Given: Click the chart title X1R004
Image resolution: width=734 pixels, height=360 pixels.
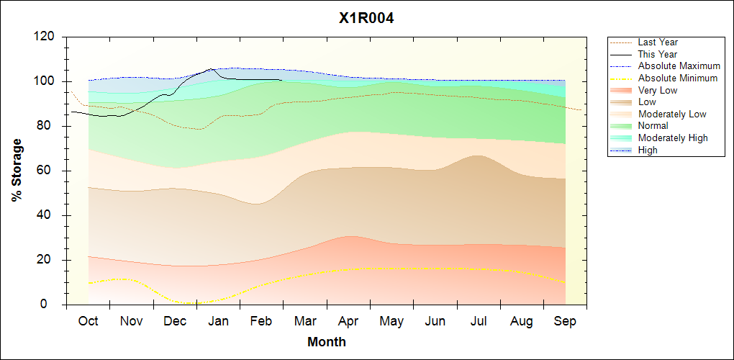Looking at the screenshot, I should [366, 19].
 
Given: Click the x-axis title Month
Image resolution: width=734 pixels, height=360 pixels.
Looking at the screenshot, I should [327, 342].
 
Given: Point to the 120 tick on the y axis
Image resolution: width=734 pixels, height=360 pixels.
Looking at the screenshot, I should [47, 37].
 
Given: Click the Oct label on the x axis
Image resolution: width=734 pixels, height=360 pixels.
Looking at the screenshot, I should [89, 321].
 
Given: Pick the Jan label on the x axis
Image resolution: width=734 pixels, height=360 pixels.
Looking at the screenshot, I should [218, 321].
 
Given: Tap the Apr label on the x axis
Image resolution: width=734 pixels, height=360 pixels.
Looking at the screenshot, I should [348, 321].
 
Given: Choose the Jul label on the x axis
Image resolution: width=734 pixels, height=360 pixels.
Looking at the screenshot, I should [479, 321].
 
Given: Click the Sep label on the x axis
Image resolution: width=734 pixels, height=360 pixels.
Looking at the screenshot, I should [565, 321].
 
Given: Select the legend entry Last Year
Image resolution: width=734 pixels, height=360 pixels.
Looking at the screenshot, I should [658, 42].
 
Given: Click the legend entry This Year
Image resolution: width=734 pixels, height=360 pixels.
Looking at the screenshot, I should [658, 54].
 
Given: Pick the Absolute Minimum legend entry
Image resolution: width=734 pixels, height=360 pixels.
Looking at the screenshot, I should [678, 78].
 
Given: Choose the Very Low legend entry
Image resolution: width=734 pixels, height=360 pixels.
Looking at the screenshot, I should [658, 90].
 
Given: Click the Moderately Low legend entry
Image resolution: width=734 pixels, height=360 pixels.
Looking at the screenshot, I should [672, 114].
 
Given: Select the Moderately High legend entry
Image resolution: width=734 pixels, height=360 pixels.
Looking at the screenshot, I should [673, 138].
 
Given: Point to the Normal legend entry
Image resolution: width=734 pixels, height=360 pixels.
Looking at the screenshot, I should [653, 126].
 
